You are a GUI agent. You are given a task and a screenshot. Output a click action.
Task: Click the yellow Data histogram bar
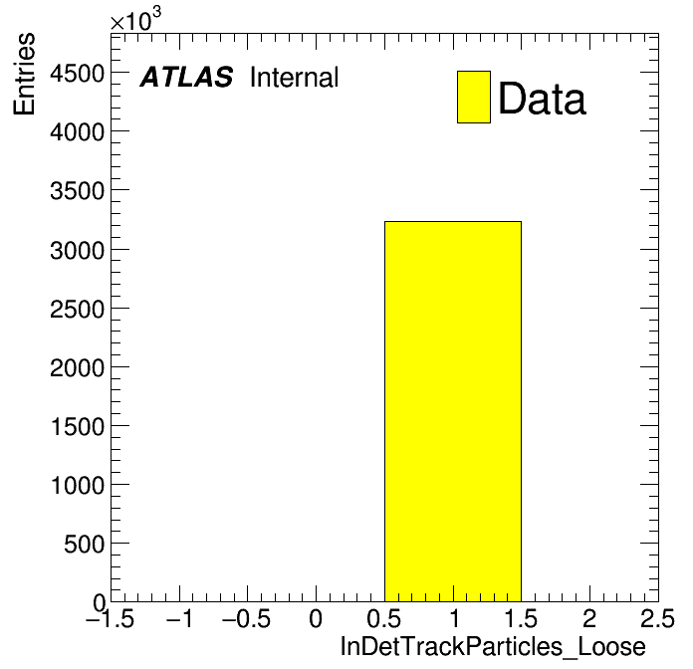tap(453, 411)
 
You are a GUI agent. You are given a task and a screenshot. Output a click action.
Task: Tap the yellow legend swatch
tap(474, 97)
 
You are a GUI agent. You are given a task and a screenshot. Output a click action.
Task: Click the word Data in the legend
tap(543, 99)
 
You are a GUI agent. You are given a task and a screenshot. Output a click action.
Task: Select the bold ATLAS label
tap(186, 77)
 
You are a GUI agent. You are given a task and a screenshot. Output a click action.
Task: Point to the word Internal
tap(295, 78)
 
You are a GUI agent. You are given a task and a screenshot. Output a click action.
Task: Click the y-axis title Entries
tap(24, 74)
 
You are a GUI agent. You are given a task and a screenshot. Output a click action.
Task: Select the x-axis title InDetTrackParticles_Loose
tap(493, 647)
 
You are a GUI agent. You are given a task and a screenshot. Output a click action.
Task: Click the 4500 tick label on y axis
tap(78, 74)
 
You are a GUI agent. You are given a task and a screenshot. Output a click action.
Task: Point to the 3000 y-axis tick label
tap(78, 251)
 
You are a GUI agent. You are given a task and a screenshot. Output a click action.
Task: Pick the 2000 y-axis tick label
tap(78, 368)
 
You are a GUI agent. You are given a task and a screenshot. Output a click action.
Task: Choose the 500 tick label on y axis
tap(85, 544)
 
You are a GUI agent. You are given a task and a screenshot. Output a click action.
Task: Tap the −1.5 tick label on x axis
tap(110, 618)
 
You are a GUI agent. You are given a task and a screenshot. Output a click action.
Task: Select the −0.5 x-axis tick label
tap(246, 618)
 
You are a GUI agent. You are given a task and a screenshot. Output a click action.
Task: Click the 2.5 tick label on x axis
tap(657, 618)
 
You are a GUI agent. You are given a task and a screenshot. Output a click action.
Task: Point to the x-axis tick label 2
tap(589, 618)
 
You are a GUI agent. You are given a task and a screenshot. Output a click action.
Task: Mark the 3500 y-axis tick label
tap(78, 192)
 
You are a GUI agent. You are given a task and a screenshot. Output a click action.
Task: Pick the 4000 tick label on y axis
tap(78, 132)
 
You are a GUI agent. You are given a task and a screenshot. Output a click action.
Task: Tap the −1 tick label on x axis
tap(180, 618)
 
